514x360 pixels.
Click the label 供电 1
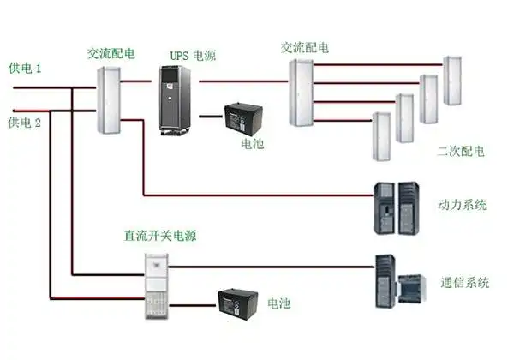tap(26, 67)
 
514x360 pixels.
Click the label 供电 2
tap(26, 123)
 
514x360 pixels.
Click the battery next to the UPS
tap(243, 117)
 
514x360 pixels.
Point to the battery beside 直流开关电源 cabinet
tap(238, 303)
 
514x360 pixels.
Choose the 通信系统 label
tap(465, 283)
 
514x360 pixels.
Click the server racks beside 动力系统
tap(396, 208)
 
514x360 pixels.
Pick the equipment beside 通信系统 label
tap(399, 281)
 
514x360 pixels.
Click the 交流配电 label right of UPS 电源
tap(305, 46)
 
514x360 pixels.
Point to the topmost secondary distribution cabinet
tap(451, 81)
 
